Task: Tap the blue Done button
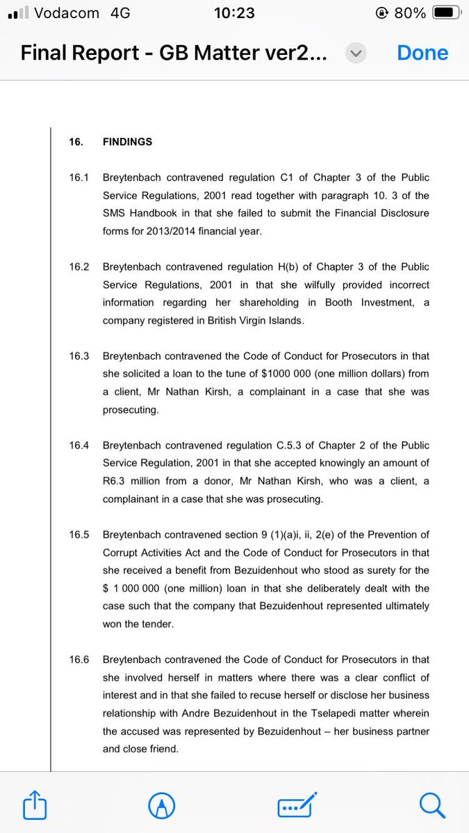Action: pos(422,53)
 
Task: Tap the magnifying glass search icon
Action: pos(431,806)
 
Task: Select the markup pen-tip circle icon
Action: pos(162,806)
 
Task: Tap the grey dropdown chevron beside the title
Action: pos(356,53)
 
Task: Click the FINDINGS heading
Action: pos(127,142)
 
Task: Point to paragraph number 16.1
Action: pos(79,178)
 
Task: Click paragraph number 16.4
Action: pos(79,445)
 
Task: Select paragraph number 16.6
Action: pos(79,659)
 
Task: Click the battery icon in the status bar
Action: pos(445,13)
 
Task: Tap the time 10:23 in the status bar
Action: pos(235,13)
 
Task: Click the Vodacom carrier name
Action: pos(66,13)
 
